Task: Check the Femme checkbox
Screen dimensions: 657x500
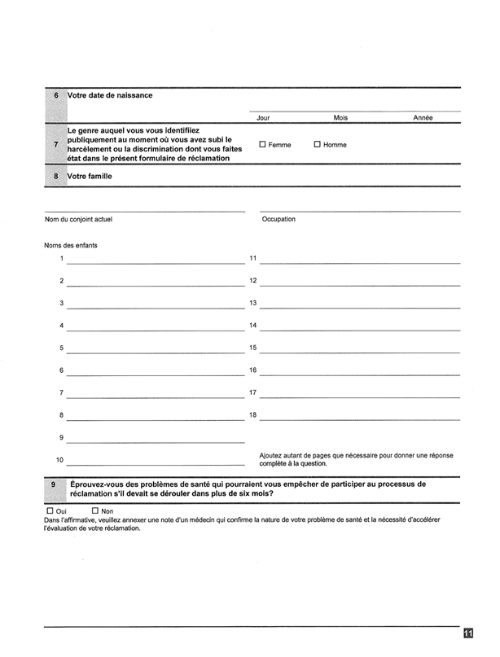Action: [262, 145]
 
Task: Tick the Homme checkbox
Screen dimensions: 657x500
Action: [317, 145]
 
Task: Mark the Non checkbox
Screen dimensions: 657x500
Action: [94, 510]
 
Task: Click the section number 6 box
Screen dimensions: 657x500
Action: [55, 95]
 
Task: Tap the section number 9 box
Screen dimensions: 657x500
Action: [54, 488]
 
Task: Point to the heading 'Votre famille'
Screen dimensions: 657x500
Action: [90, 176]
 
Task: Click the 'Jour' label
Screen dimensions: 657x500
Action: [263, 118]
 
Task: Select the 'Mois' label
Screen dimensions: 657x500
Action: [340, 118]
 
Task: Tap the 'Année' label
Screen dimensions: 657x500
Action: [423, 118]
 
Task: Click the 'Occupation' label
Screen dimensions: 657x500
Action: [279, 219]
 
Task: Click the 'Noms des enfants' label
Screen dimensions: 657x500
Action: [71, 244]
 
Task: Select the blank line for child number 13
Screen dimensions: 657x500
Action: [360, 307]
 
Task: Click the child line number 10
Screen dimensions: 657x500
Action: [156, 463]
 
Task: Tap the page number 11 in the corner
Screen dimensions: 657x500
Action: [468, 634]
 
